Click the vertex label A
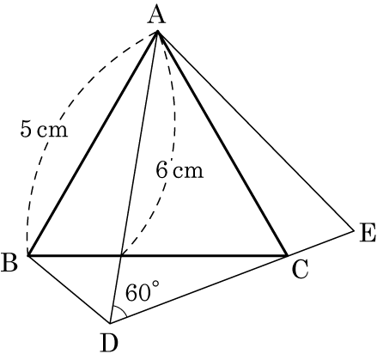point(156,15)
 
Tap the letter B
point(9,262)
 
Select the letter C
point(301,269)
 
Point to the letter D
point(110,343)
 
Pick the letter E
point(368,234)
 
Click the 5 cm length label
point(44,129)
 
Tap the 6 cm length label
point(179,170)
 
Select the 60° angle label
point(143,291)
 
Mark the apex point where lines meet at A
point(157,31)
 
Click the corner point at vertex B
point(28,255)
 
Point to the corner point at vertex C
point(287,255)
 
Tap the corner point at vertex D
point(110,323)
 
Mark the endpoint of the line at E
point(354,229)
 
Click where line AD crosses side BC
point(122,255)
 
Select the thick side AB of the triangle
point(93,143)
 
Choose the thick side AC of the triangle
point(222,143)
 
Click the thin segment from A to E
point(256,131)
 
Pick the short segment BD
point(69,289)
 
